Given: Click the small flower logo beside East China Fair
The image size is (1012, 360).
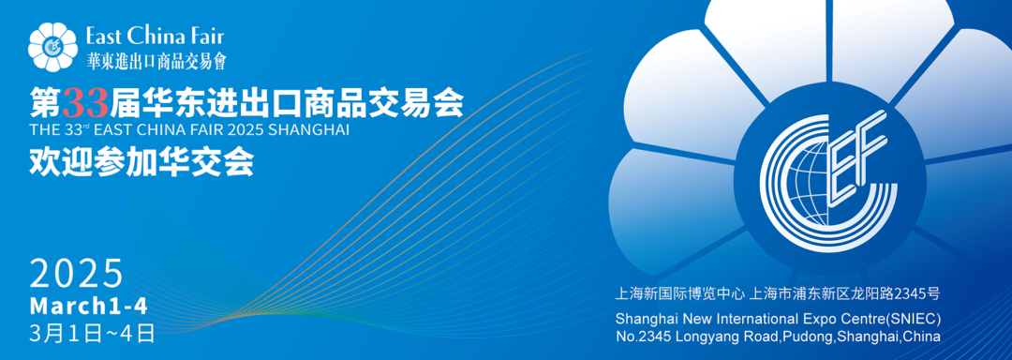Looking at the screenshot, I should (x=54, y=46).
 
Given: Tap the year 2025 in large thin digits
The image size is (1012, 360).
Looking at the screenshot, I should (x=77, y=274).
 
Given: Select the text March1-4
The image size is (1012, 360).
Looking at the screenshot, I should (x=88, y=306).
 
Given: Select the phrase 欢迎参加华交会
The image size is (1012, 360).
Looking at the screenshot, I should (x=141, y=162).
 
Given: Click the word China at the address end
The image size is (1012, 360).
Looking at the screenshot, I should (x=920, y=336).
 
